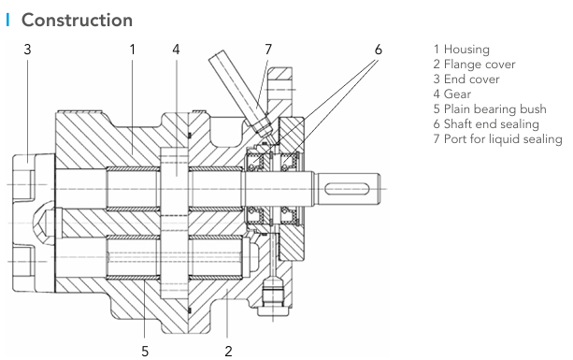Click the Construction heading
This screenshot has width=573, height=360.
77,20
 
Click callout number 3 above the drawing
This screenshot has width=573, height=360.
27,50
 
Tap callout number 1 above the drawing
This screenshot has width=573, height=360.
133,50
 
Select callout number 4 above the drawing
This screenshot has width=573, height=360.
176,50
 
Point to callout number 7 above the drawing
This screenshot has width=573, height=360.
268,50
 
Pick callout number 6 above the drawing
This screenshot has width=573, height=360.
379,50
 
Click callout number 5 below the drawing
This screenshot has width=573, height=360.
145,352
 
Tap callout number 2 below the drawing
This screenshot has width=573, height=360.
228,352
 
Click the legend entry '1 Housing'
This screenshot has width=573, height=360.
462,50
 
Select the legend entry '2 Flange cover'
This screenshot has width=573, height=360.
474,65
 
